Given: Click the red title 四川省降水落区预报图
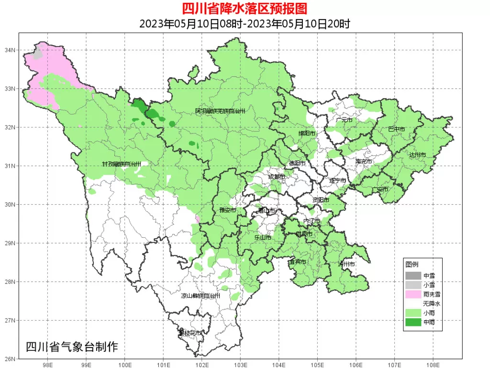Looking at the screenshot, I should (x=245, y=8).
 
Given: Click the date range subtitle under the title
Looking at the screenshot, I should (x=245, y=23).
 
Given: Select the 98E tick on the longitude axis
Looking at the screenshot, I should (x=47, y=365).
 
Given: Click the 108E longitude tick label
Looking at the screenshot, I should (x=433, y=365).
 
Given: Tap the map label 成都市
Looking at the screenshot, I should (x=276, y=177).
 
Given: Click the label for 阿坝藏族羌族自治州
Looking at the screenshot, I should (x=220, y=111).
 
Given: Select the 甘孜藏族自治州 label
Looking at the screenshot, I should (x=122, y=164).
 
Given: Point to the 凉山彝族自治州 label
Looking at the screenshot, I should (x=200, y=296).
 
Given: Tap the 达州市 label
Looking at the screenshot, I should (x=417, y=155).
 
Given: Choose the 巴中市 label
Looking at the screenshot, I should (x=396, y=129).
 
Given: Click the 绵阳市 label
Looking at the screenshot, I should (x=307, y=133).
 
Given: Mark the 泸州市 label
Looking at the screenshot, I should (x=346, y=264).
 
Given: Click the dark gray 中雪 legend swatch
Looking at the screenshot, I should (x=412, y=276).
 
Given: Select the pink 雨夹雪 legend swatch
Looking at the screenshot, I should (x=412, y=294).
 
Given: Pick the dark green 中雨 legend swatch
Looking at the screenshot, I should (x=412, y=322).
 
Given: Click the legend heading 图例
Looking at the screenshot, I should (x=412, y=265).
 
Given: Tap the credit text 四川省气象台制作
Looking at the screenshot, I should (x=71, y=347).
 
